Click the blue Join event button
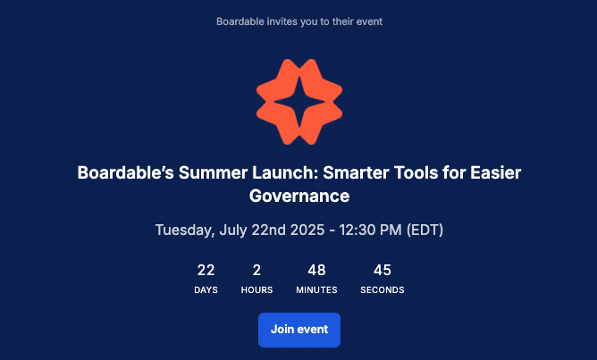click(299, 330)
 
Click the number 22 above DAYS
click(206, 270)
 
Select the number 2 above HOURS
click(256, 270)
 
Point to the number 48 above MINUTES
click(316, 270)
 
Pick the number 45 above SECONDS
click(383, 270)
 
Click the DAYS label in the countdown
click(206, 290)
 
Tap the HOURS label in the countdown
click(257, 290)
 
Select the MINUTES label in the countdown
click(316, 290)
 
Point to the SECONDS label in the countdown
click(383, 290)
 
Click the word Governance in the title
click(299, 196)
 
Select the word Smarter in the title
click(356, 172)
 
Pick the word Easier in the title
click(495, 172)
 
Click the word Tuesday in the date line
click(185, 230)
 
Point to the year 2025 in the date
click(307, 230)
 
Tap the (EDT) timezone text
click(425, 230)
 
